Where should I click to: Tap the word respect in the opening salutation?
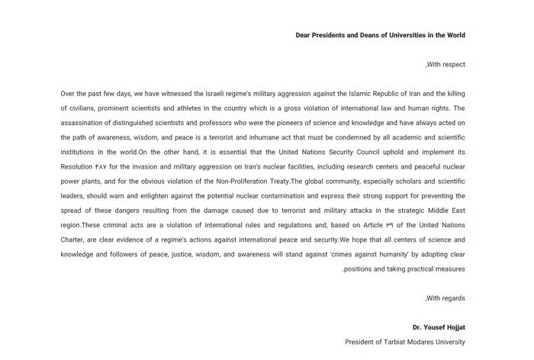pos(450,65)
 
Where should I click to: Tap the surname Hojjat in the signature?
pos(452,327)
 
